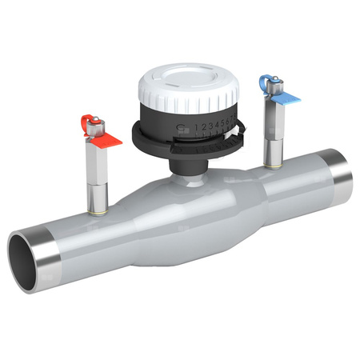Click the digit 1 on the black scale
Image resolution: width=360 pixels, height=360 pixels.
tap(196, 126)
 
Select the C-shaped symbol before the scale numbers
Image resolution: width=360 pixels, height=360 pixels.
tap(182, 127)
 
